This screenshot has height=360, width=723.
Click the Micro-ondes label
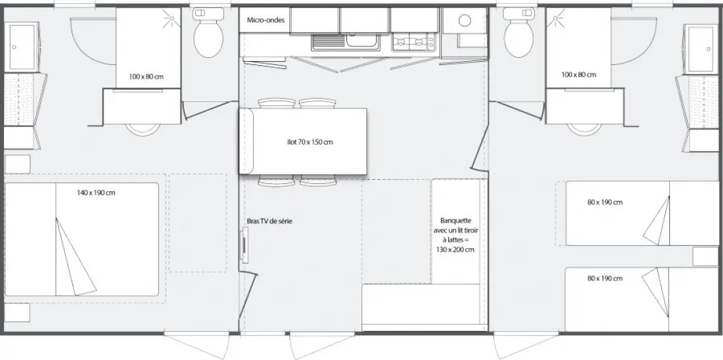pos(266,20)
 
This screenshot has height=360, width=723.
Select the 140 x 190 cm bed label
pos(96,192)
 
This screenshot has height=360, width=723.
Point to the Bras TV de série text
pos(269,221)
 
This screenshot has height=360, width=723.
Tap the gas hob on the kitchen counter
pos(413,43)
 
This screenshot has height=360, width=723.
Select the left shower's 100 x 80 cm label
pos(146,76)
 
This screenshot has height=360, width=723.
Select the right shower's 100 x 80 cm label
pos(578,75)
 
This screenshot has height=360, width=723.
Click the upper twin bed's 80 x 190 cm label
pos(605,202)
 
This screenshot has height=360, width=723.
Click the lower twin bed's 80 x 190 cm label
pos(605,279)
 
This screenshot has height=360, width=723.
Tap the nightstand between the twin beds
pos(705,257)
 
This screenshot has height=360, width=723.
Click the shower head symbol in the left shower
pos(171,18)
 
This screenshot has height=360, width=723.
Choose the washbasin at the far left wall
pos(21,47)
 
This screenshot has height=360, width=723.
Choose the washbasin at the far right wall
pos(701,49)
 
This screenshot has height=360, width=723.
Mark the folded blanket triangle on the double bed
pos(74,258)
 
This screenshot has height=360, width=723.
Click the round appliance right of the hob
pos(465,20)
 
